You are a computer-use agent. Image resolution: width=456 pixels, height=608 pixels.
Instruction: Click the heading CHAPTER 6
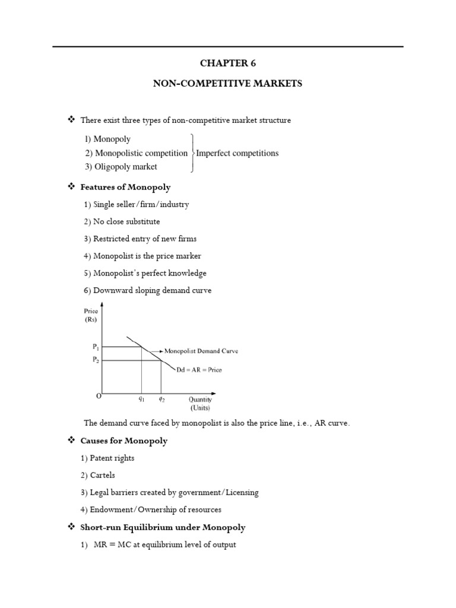[228, 64]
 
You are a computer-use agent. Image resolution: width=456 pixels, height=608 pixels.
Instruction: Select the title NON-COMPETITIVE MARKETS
[228, 84]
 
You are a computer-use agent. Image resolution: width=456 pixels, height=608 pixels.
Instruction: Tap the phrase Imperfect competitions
[237, 153]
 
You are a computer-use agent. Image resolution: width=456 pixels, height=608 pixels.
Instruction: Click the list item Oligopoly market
[121, 167]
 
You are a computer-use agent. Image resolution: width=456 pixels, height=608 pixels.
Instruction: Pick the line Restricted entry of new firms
[140, 239]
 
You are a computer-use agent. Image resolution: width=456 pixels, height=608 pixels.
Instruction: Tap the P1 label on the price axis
[96, 347]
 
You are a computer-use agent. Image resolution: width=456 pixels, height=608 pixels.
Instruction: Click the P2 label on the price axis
[96, 360]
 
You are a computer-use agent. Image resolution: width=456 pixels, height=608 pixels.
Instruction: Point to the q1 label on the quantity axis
[141, 400]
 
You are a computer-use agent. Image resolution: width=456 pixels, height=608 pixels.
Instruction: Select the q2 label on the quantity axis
[161, 400]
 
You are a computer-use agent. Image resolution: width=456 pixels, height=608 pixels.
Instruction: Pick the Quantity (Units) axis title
[200, 404]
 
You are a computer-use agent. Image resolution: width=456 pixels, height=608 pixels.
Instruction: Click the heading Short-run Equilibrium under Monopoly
[163, 527]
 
